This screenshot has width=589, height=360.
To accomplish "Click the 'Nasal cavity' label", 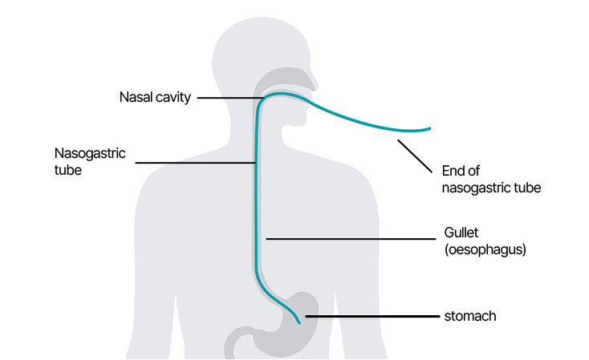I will [x=153, y=99].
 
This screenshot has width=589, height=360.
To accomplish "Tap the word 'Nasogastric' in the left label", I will [x=89, y=152].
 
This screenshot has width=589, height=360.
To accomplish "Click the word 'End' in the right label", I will [x=453, y=171].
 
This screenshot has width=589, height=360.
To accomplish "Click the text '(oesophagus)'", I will [x=484, y=249].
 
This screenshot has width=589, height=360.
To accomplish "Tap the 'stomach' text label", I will [x=470, y=317].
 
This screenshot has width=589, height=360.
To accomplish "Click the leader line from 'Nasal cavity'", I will [x=229, y=99].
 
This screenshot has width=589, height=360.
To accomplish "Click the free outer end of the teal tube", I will [x=429, y=127].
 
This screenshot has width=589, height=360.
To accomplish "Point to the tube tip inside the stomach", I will [x=300, y=322].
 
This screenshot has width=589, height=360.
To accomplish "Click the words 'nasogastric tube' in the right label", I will [x=492, y=188].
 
